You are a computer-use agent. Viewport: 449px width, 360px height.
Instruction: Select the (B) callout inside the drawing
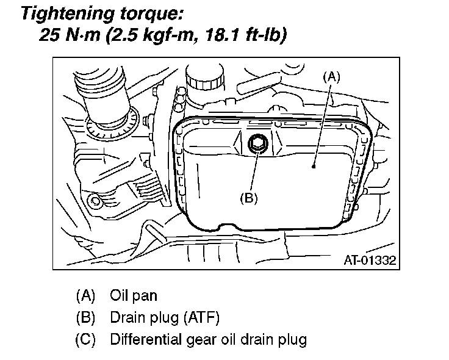(x=249, y=197)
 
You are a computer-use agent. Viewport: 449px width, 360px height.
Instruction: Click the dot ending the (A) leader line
(x=314, y=165)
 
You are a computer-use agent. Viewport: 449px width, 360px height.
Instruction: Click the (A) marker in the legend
(x=86, y=296)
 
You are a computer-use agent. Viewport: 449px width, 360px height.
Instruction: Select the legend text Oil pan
(x=133, y=296)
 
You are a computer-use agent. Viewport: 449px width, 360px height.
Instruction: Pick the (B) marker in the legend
(x=86, y=317)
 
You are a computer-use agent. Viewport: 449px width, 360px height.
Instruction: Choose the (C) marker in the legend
(x=86, y=339)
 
